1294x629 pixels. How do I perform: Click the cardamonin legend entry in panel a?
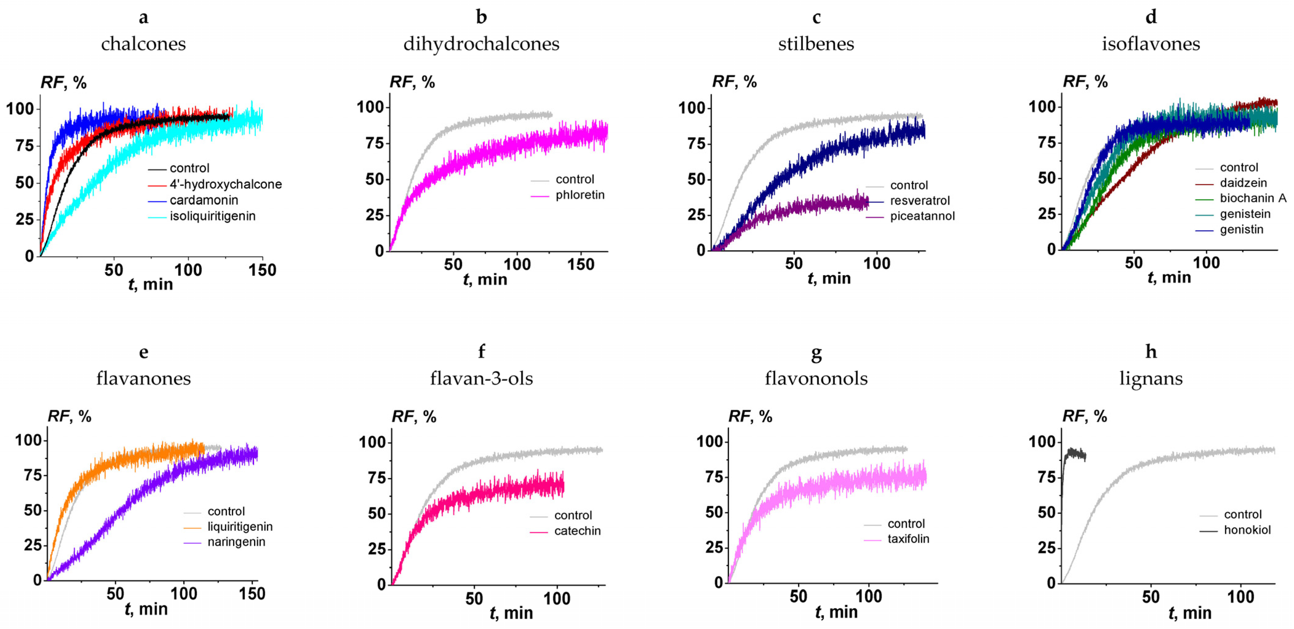pos(204,200)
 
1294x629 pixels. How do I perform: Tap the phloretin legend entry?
pos(580,195)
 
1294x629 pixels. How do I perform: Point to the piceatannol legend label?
pos(922,216)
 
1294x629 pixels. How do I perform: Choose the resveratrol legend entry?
pos(919,201)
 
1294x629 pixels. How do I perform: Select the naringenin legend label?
pos(236,542)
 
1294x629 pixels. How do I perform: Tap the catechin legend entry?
pos(577,531)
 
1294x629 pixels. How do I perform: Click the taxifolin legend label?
pos(908,539)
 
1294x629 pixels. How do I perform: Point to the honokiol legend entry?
pos(1247,530)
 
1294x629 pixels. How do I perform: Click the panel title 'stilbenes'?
pos(816,44)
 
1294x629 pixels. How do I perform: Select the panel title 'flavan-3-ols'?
pos(481,378)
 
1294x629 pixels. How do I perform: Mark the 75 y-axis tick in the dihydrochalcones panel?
pos(374,143)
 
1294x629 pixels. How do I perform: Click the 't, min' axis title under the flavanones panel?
pos(146,609)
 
